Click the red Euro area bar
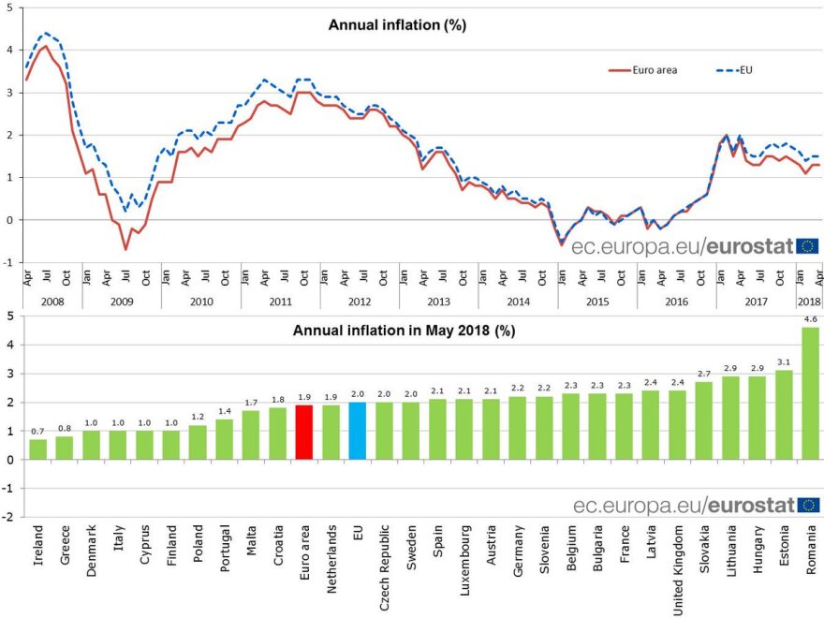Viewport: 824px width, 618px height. coord(303,432)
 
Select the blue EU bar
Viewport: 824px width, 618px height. coord(358,431)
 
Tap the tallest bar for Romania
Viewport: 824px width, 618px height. coord(810,393)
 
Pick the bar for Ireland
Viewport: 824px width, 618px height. coord(37,449)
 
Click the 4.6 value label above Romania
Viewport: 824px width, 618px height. coord(810,318)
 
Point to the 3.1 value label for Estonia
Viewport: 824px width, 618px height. coord(783,361)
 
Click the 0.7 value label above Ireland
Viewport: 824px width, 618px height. coord(37,431)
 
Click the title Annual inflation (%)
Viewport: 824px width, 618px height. coord(397,25)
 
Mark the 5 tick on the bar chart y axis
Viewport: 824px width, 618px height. coord(10,316)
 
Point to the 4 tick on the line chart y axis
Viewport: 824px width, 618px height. coord(10,50)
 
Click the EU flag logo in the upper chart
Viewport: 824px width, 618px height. coord(809,246)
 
